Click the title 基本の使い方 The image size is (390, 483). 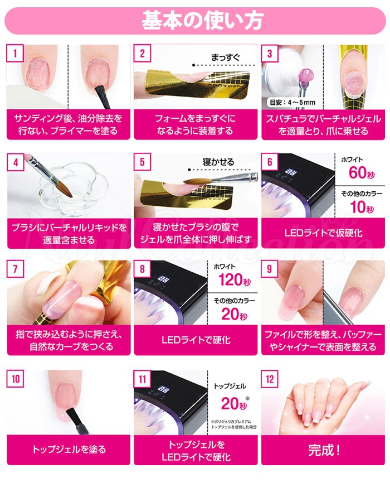[194, 21]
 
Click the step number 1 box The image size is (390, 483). [15, 54]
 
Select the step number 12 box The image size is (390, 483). [271, 379]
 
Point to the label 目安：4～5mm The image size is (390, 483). [292, 102]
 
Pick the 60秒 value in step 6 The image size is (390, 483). [357, 172]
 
